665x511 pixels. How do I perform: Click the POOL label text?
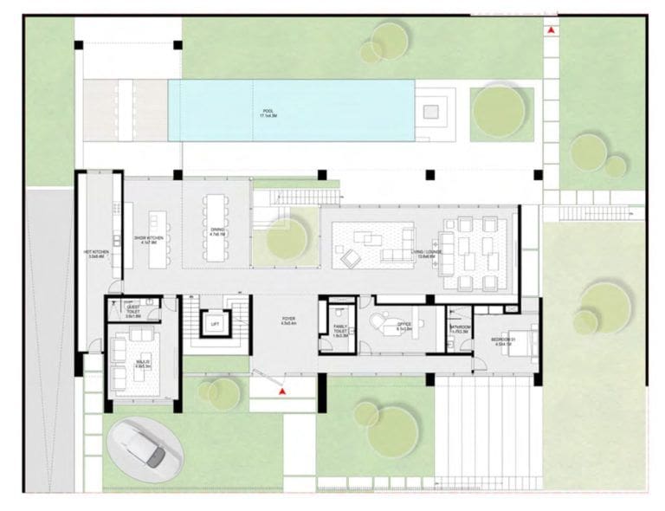pyautogui.click(x=268, y=112)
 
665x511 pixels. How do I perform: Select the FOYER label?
pyautogui.click(x=288, y=320)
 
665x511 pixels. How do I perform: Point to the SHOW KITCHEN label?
pyautogui.click(x=148, y=239)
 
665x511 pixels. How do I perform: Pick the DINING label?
pyautogui.click(x=216, y=231)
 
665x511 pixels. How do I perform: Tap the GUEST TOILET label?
pyautogui.click(x=133, y=313)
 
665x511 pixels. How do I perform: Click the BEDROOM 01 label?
pyautogui.click(x=504, y=339)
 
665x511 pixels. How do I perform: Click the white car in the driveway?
pyautogui.click(x=143, y=445)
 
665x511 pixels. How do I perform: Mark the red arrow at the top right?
pyautogui.click(x=552, y=31)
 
